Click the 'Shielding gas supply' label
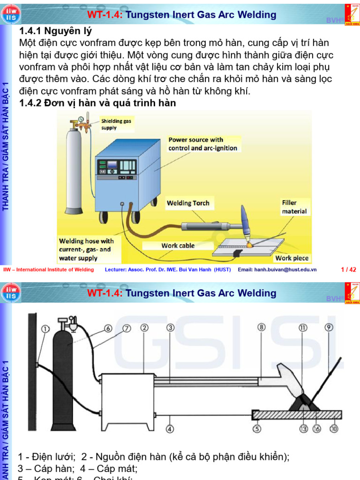pyautogui.click(x=116, y=124)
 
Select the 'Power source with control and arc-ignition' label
pyautogui.click(x=202, y=144)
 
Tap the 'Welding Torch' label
pyautogui.click(x=188, y=203)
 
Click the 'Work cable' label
pyautogui.click(x=178, y=245)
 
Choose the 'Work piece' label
pyautogui.click(x=292, y=258)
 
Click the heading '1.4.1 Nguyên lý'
pyautogui.click(x=55, y=31)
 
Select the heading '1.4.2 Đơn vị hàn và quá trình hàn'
pyautogui.click(x=97, y=103)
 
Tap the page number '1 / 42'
pyautogui.click(x=348, y=270)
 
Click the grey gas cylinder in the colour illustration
pyautogui.click(x=74, y=171)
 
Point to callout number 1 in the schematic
pyautogui.click(x=45, y=329)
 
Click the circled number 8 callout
pyautogui.click(x=262, y=328)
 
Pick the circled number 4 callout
pyautogui.click(x=170, y=428)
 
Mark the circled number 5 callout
pyautogui.click(x=257, y=428)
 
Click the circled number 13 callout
pyautogui.click(x=303, y=428)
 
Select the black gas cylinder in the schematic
pyautogui.click(x=66, y=375)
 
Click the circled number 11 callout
pyautogui.click(x=303, y=328)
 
